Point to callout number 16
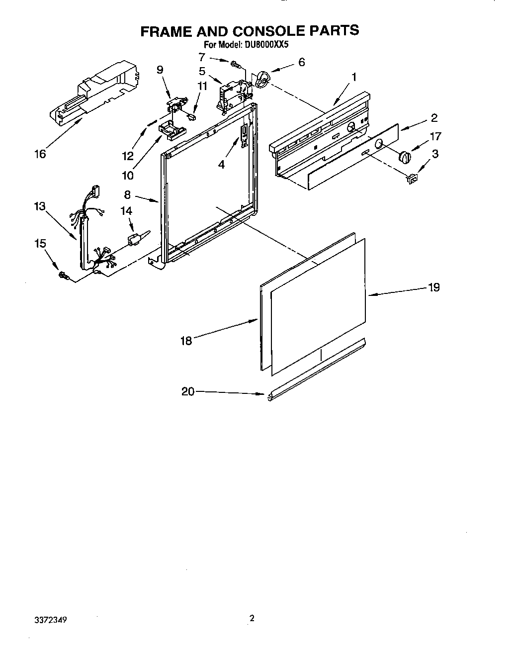click(x=40, y=154)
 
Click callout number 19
click(x=434, y=287)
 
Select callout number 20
click(x=188, y=392)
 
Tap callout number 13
click(x=40, y=206)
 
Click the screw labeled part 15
click(x=64, y=275)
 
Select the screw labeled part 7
click(x=235, y=64)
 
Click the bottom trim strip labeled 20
click(x=318, y=369)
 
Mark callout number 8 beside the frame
click(x=127, y=195)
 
